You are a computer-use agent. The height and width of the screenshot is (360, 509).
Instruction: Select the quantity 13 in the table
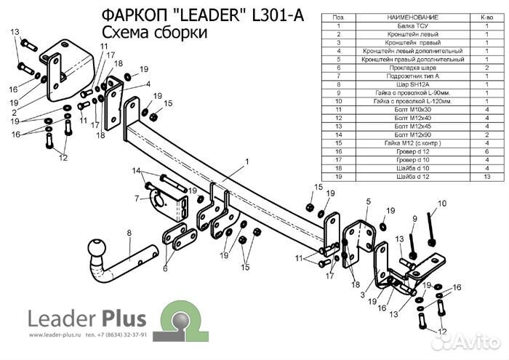[486, 176]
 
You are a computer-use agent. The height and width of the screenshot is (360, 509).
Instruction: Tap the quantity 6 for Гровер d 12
[486, 151]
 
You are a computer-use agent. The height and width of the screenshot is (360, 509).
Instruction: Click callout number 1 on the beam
[247, 161]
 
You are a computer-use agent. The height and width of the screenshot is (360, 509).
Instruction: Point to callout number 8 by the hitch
[129, 233]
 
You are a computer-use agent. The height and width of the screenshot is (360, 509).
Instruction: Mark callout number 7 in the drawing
[136, 197]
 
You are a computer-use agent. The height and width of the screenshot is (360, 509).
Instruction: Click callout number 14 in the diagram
[136, 171]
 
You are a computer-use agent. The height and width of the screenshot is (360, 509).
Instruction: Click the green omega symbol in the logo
[177, 319]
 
